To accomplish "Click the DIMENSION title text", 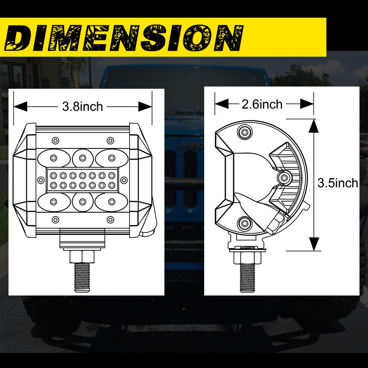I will pos(123,38).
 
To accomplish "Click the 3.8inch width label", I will pos(82,107).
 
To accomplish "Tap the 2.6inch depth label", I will pos(262,104).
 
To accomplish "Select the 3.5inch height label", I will pos(338,183).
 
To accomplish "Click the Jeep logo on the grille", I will pos(190,146).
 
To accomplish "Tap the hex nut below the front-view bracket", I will pos(82,256).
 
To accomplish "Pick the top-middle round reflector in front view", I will pos(82,158).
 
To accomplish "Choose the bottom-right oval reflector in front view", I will pos(111,202).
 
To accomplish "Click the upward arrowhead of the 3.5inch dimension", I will pos(313,126).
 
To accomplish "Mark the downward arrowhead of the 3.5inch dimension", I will pos(313,244).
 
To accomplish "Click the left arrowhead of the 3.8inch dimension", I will pos(21,107).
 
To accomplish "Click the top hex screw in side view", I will pos(244,132).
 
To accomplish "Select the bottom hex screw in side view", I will pos(244,222).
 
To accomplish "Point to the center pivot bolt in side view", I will pos(284,178).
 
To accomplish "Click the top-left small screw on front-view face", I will pos(55,140).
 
